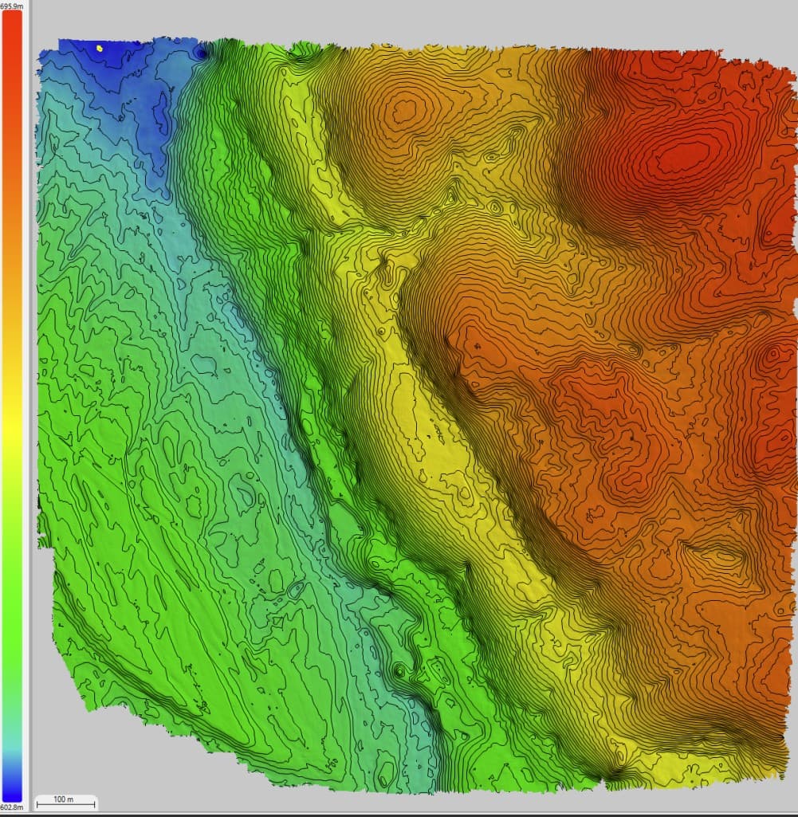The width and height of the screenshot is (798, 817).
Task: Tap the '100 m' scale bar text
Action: pos(63,799)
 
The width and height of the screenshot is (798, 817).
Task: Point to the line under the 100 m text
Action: pos(66,805)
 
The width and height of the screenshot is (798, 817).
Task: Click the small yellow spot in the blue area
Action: pos(100,49)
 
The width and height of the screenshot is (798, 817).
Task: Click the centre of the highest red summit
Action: pos(680,156)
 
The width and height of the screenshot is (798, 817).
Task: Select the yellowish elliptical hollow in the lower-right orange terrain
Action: pos(721,550)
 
